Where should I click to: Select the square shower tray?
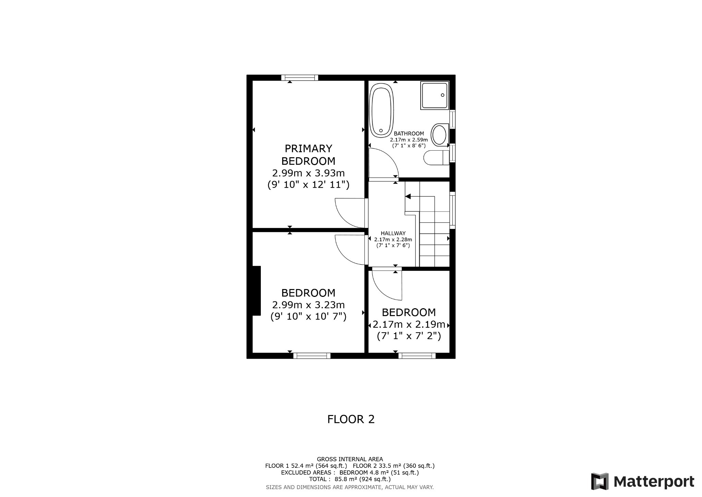point(435,95)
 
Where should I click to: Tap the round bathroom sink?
point(439,135)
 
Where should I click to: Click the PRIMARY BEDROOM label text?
point(308,155)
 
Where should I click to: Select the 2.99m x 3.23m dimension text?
point(308,305)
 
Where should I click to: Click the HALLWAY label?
point(393,233)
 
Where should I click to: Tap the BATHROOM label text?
point(409,134)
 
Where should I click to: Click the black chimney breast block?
point(256,290)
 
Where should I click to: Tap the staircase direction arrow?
point(408,196)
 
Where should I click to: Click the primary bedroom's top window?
point(300,78)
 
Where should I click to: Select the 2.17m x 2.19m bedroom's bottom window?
point(417,356)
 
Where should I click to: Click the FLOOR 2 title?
point(351,419)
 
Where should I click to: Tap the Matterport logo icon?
point(600,481)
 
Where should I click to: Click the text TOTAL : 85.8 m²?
point(350,479)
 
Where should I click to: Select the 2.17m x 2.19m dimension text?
point(409,324)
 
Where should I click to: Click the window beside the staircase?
point(452,210)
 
